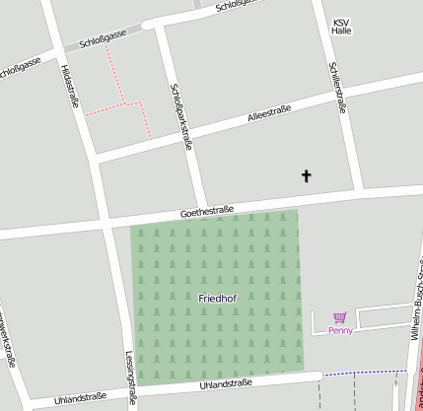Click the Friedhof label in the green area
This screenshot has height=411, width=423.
(x=217, y=297)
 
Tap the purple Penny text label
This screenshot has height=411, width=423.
(x=340, y=331)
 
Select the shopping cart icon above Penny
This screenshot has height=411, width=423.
(x=340, y=317)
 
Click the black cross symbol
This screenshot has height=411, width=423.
(x=306, y=176)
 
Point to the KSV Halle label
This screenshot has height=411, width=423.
(x=341, y=27)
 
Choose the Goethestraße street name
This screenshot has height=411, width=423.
(x=207, y=211)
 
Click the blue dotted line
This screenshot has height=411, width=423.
(x=365, y=373)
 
